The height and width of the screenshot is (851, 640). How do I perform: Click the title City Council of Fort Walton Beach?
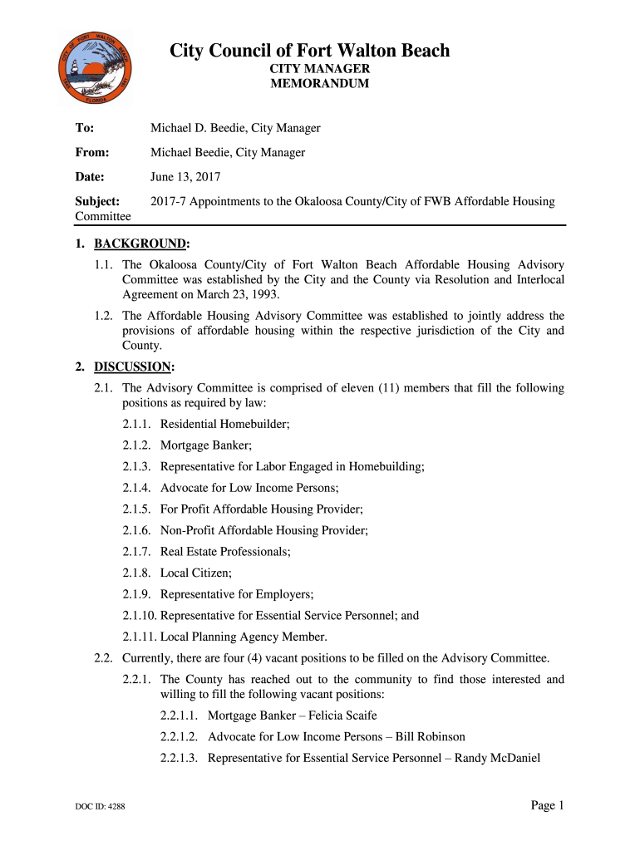click(x=310, y=52)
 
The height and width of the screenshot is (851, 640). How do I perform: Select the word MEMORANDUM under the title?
click(x=320, y=84)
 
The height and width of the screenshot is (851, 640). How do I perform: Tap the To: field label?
click(x=85, y=128)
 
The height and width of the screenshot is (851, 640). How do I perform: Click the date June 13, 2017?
click(x=185, y=177)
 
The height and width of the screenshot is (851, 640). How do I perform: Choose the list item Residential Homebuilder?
click(x=224, y=424)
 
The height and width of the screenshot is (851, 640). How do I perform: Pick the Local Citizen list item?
click(x=196, y=573)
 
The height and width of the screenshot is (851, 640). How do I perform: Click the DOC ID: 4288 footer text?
click(x=99, y=806)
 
